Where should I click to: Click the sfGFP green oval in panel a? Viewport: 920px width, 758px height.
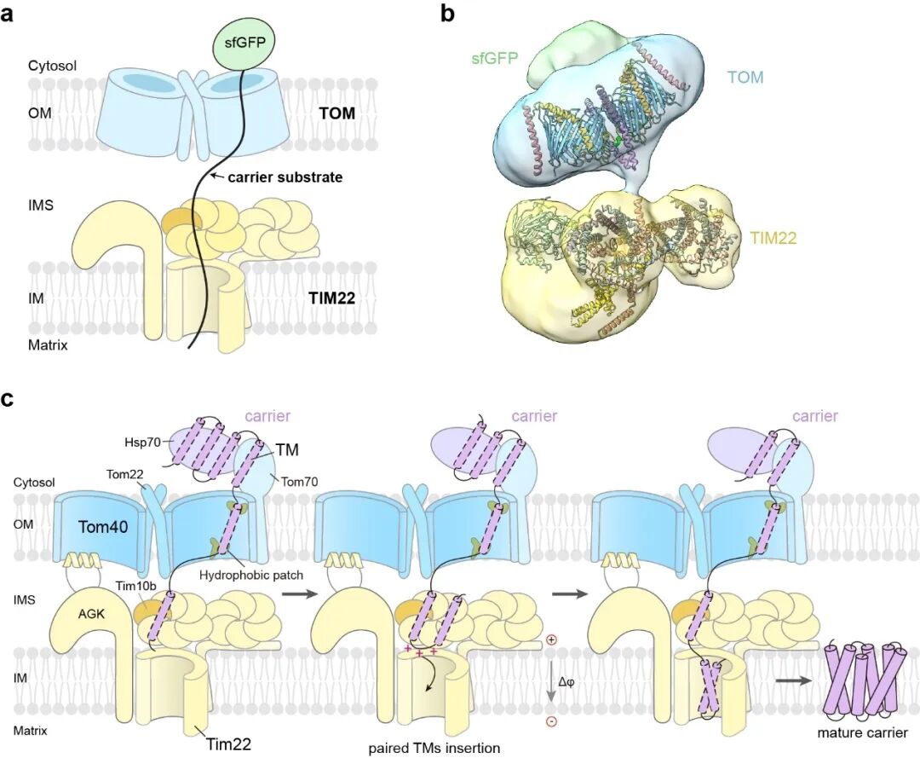pyautogui.click(x=244, y=43)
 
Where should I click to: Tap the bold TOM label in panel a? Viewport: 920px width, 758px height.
pyautogui.click(x=337, y=113)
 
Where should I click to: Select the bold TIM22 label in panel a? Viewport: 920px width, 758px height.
pyautogui.click(x=332, y=298)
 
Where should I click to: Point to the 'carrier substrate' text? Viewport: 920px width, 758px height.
pyautogui.click(x=285, y=176)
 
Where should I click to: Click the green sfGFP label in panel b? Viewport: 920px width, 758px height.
pyautogui.click(x=495, y=58)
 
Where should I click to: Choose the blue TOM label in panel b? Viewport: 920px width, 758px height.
pyautogui.click(x=745, y=77)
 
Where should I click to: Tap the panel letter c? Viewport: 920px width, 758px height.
pyautogui.click(x=8, y=400)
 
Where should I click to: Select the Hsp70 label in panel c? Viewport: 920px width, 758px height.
pyautogui.click(x=142, y=443)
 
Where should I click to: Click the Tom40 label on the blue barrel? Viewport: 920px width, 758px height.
pyautogui.click(x=103, y=527)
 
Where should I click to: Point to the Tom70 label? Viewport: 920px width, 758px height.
pyautogui.click(x=299, y=482)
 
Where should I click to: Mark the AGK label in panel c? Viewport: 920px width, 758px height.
pyautogui.click(x=91, y=614)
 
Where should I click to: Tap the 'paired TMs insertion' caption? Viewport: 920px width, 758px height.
pyautogui.click(x=434, y=748)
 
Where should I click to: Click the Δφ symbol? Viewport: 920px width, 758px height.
pyautogui.click(x=566, y=681)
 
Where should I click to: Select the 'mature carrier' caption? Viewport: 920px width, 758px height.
pyautogui.click(x=862, y=732)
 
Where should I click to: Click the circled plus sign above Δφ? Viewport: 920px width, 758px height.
pyautogui.click(x=551, y=640)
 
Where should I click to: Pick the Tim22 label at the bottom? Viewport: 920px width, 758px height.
pyautogui.click(x=228, y=744)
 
